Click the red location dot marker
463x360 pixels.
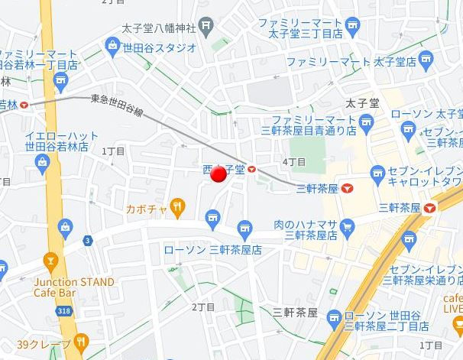(x=219, y=174)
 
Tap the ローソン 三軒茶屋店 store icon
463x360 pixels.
(x=244, y=226)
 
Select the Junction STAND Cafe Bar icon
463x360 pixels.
(x=51, y=261)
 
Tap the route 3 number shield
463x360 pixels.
(x=88, y=241)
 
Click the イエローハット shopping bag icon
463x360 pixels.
(x=40, y=160)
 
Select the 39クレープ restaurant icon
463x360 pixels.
(x=82, y=342)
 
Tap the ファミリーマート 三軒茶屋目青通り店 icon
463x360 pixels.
(x=367, y=120)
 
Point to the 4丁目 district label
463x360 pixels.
(x=294, y=162)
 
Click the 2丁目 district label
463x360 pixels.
(x=203, y=306)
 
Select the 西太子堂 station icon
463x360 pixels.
(x=252, y=169)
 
